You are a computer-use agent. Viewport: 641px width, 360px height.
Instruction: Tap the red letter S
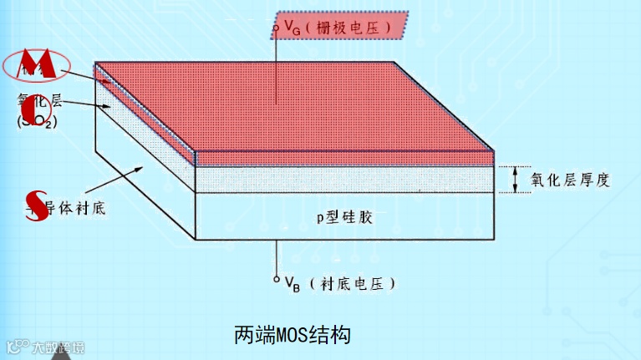[x=34, y=200]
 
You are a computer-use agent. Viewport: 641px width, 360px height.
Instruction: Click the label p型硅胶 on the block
[x=343, y=217]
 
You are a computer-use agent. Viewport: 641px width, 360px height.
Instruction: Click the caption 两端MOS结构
[x=292, y=335]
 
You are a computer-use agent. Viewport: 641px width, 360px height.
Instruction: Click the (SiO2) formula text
[x=33, y=122]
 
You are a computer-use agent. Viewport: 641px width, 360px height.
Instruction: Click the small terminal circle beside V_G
[x=276, y=28]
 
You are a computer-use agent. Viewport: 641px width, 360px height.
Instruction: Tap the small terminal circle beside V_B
[x=276, y=279]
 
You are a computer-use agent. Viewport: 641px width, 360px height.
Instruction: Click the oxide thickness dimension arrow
[x=515, y=179]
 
